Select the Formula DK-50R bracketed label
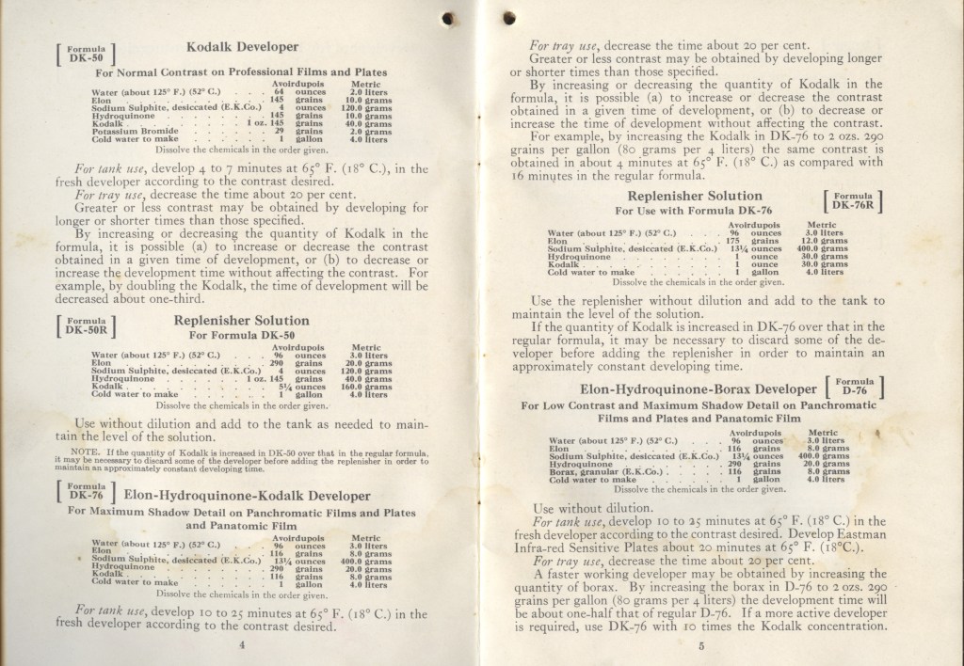[x=88, y=325]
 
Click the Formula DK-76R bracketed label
[x=854, y=203]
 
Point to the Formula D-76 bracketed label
[x=854, y=388]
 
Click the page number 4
[x=242, y=644]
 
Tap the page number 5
[x=701, y=644]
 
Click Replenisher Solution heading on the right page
[x=689, y=196]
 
